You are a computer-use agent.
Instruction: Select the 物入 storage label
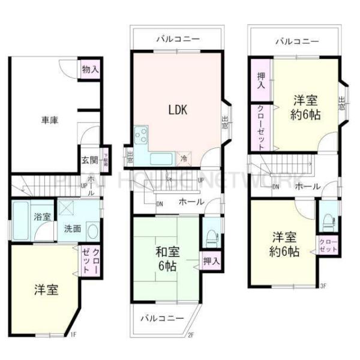(91, 70)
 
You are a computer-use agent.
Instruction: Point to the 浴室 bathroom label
(42, 217)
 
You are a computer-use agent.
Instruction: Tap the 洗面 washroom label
(73, 229)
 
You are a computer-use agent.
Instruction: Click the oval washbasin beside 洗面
(92, 230)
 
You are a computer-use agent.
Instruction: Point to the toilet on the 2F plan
(210, 235)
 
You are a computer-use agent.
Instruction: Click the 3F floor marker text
(322, 285)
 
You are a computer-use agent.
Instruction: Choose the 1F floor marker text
(73, 334)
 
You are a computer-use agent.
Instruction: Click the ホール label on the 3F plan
(307, 187)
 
